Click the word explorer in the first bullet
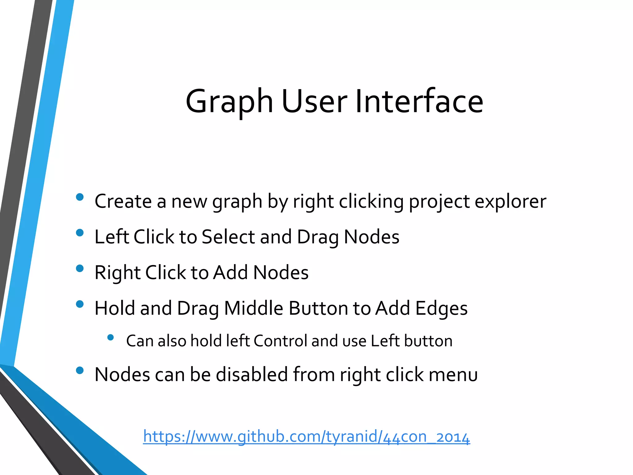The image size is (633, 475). (510, 201)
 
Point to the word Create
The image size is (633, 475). (123, 201)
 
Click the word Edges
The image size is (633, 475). (441, 309)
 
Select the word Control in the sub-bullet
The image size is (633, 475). (280, 341)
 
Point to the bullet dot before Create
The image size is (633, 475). (80, 197)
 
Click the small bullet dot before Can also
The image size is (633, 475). (110, 337)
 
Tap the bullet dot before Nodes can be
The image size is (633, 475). (80, 370)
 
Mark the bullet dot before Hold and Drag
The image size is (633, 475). (80, 304)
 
